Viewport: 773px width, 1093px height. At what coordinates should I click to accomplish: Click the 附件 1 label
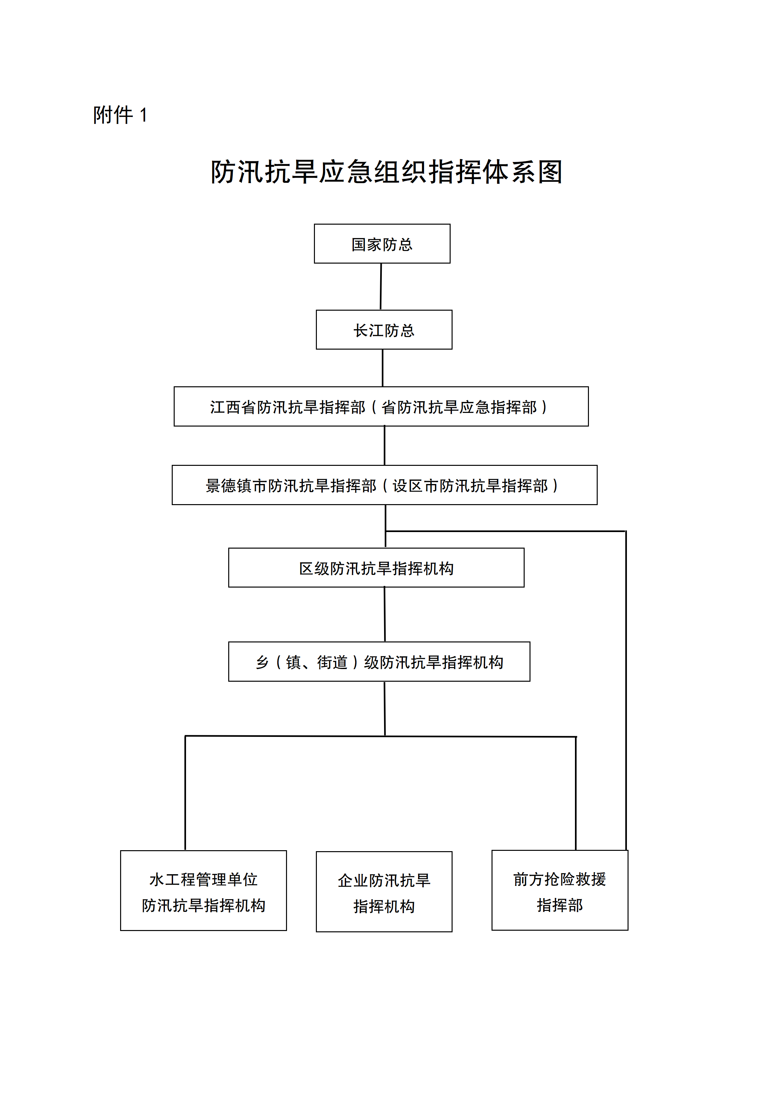120,115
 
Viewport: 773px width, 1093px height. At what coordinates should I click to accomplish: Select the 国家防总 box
382,244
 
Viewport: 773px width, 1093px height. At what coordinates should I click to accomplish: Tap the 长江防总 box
384,330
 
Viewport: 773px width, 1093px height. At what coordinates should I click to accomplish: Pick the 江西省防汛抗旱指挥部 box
381,406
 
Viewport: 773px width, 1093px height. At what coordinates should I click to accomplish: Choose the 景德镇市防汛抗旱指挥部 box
384,485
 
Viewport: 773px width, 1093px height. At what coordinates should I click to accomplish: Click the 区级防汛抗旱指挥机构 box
376,568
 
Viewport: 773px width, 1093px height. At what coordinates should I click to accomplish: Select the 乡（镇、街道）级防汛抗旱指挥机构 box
379,662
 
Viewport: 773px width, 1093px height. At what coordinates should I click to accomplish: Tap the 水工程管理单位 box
203,891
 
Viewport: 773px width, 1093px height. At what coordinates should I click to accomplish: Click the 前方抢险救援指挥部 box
559,891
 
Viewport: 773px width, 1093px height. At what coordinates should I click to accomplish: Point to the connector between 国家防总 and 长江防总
381,287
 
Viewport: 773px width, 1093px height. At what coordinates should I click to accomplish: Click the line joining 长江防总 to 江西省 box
383,368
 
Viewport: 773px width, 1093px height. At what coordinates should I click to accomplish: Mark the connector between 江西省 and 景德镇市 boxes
385,446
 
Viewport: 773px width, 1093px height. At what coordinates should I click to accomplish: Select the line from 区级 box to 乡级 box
385,615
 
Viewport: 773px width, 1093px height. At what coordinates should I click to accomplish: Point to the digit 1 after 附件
143,116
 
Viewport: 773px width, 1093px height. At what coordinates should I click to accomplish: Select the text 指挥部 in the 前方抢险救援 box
559,905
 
